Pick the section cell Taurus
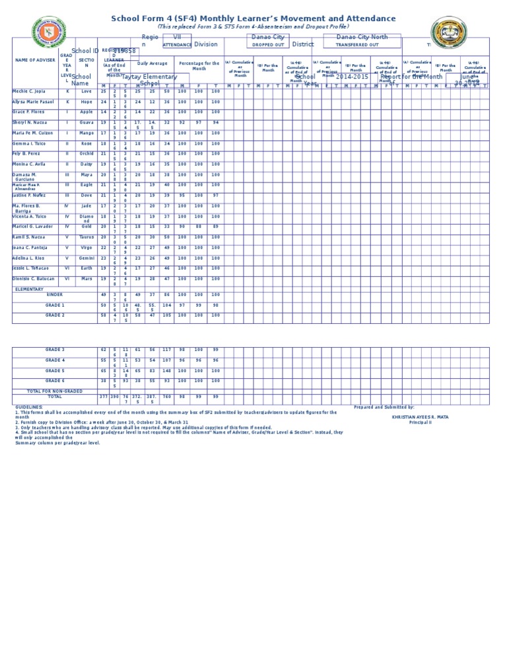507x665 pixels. pyautogui.click(x=86, y=237)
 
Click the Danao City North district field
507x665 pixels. pyautogui.click(x=362, y=37)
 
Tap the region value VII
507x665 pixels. pyautogui.click(x=177, y=38)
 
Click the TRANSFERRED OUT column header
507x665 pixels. pyautogui.click(x=357, y=45)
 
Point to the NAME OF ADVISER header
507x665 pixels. pyautogui.click(x=35, y=60)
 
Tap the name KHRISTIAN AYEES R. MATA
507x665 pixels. pyautogui.click(x=420, y=417)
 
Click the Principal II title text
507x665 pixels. pyautogui.click(x=420, y=422)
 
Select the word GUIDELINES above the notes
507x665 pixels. pyautogui.click(x=29, y=407)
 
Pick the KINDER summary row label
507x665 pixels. pyautogui.click(x=55, y=294)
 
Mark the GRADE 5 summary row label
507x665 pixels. pyautogui.click(x=55, y=370)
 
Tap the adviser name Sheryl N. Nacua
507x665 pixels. pyautogui.click(x=30, y=122)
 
